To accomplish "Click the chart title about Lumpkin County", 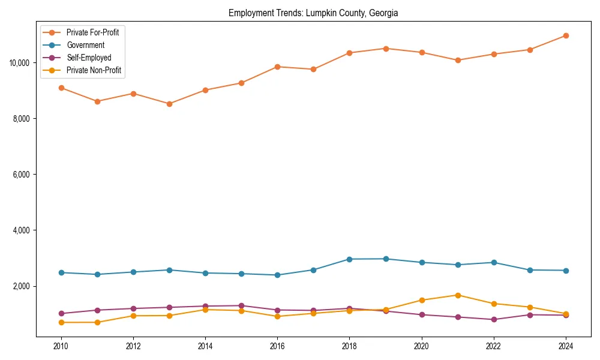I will [313, 13].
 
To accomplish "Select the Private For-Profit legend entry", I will [92, 32].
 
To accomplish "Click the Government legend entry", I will [85, 45].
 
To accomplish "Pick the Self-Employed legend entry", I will [89, 58].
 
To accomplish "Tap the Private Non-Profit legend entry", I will [94, 70].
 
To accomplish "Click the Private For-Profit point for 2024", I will [566, 35].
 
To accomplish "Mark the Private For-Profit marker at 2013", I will [169, 104].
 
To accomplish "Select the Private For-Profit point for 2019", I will [386, 49].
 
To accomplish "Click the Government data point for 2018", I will [349, 259].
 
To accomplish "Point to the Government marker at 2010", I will [61, 272].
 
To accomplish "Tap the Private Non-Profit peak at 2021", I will [458, 295].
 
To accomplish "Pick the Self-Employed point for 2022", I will [494, 319].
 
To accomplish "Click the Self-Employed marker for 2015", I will [241, 305].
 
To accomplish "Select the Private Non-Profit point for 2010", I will [61, 322].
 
